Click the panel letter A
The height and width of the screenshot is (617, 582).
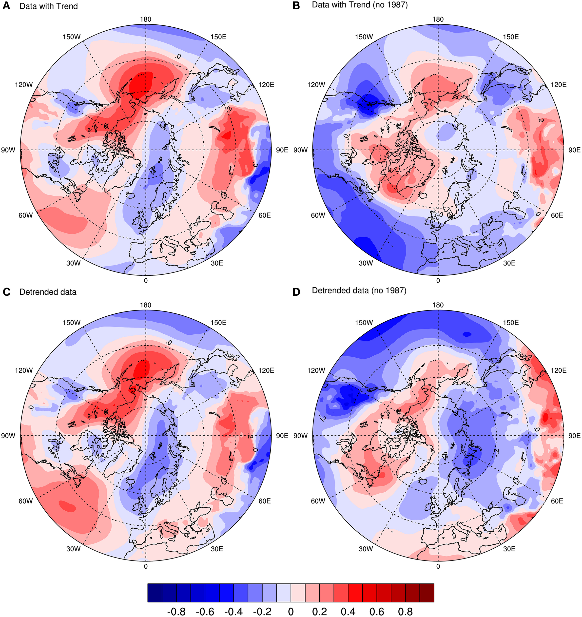pyautogui.click(x=6, y=6)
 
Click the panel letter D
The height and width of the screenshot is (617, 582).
pyautogui.click(x=296, y=292)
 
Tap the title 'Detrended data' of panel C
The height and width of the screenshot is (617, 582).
pyautogui.click(x=48, y=292)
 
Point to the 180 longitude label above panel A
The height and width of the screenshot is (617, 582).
pyautogui.click(x=145, y=19)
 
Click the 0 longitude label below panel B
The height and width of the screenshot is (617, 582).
pyautogui.click(x=438, y=281)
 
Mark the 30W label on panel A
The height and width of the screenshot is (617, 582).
pyautogui.click(x=73, y=263)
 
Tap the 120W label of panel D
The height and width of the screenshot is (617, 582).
pyautogui.click(x=316, y=370)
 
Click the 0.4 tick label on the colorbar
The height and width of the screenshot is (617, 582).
pyautogui.click(x=348, y=611)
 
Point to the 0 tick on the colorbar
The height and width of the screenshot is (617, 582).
pyautogui.click(x=291, y=611)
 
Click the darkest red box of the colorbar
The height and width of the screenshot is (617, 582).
pyautogui.click(x=427, y=593)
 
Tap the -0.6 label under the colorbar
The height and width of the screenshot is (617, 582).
pyautogui.click(x=205, y=611)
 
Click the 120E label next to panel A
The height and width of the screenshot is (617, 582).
pyautogui.click(x=266, y=85)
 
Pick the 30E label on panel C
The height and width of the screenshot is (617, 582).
pyautogui.click(x=217, y=549)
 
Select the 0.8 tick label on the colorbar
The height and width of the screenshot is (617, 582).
pyautogui.click(x=405, y=611)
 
